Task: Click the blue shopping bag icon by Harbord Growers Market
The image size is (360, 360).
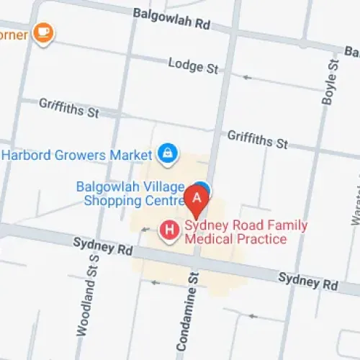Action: click(167, 153)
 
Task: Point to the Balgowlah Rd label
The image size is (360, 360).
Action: click(171, 19)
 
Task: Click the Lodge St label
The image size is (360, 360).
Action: click(193, 66)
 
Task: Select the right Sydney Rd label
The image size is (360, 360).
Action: click(308, 281)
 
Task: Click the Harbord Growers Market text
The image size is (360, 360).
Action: click(78, 155)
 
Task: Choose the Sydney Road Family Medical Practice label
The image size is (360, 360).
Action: click(245, 232)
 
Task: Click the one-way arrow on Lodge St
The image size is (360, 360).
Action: click(247, 76)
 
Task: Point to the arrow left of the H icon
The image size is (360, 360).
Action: click(146, 230)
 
